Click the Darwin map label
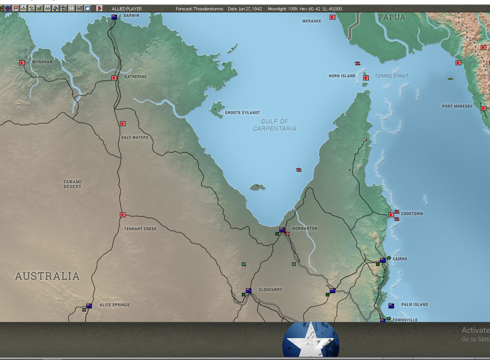tap(131, 16)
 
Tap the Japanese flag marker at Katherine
tap(114, 78)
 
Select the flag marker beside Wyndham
tap(22, 63)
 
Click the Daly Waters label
tap(135, 138)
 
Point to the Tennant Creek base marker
tap(123, 215)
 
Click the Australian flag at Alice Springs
tap(89, 306)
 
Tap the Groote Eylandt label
tap(243, 113)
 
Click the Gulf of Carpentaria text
tap(275, 125)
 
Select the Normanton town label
tap(305, 228)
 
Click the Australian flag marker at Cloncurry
tap(249, 291)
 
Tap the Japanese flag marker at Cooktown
tap(391, 215)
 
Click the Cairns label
tap(400, 259)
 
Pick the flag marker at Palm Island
tap(391, 306)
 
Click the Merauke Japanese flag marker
tap(333, 17)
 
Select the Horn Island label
tap(342, 76)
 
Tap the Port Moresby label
tap(457, 106)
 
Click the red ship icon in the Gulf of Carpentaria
tap(299, 170)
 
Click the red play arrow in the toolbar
tap(100, 8)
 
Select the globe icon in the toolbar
tap(56, 8)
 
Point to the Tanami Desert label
tap(72, 184)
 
